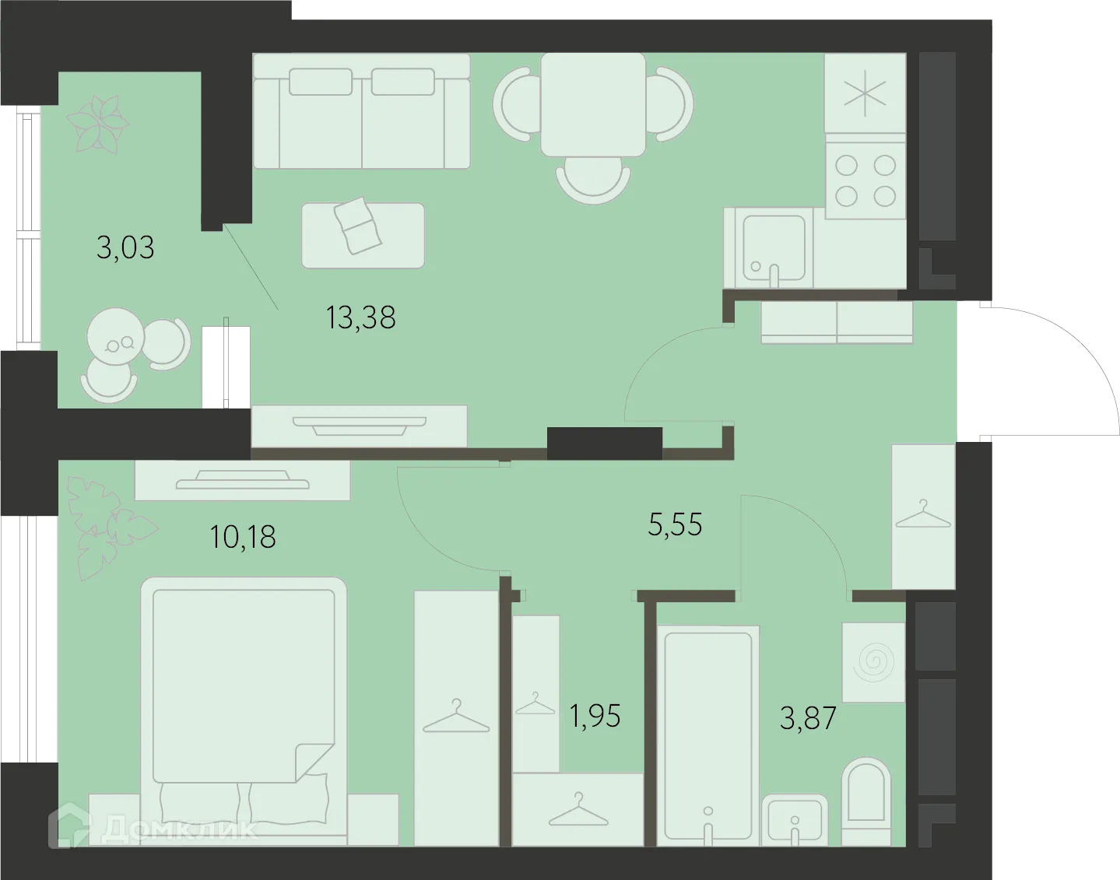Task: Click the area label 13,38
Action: point(361,317)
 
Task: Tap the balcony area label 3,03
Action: point(125,247)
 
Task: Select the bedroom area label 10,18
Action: point(243,537)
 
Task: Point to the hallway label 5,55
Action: point(675,524)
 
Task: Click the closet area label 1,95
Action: point(595,716)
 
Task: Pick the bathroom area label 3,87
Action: point(808,717)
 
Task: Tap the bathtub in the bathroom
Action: point(707,731)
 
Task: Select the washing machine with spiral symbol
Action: point(873,661)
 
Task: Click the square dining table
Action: point(593,104)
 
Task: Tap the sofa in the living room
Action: point(362,110)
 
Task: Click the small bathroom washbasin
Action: point(793,819)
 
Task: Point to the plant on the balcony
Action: point(97,122)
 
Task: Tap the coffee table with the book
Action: point(363,235)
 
